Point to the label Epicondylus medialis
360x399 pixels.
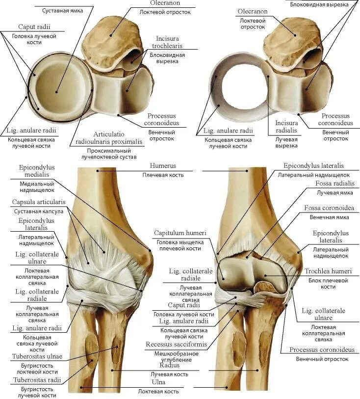[37, 171]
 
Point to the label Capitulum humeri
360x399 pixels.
[180, 233]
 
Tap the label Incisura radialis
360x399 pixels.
[286, 127]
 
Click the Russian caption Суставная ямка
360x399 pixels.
[62, 10]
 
